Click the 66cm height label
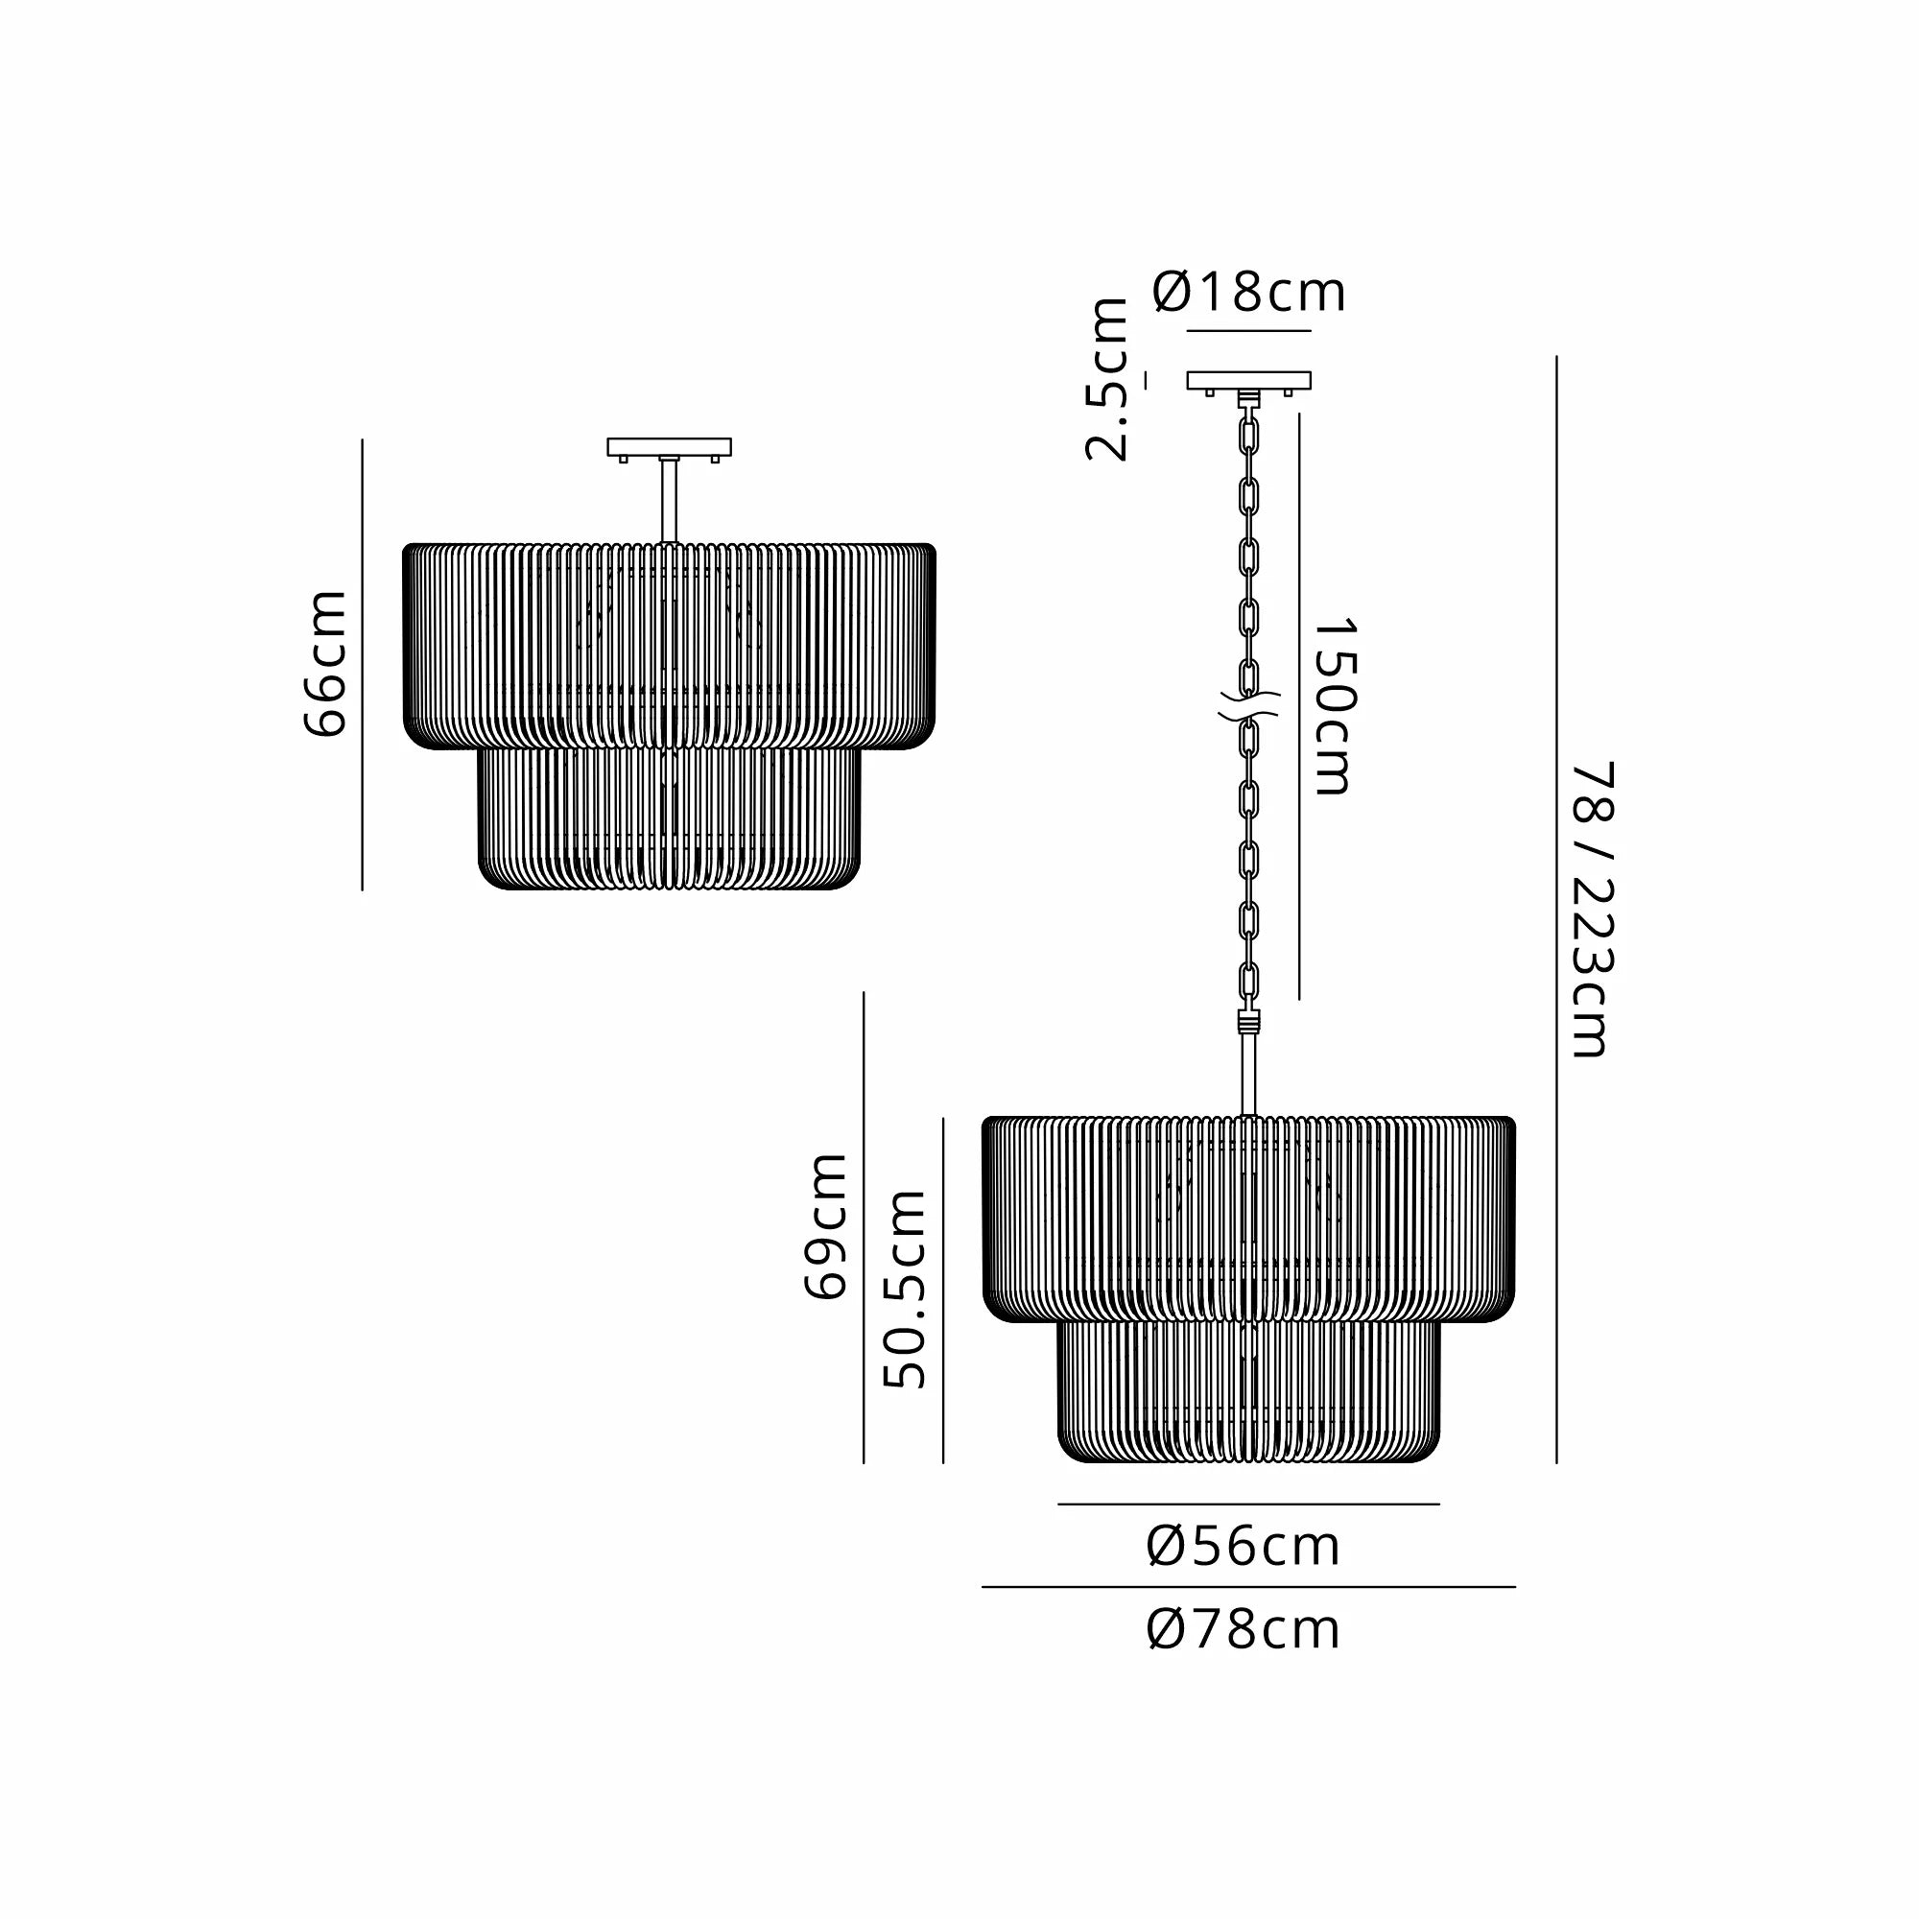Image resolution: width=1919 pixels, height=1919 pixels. pos(325,664)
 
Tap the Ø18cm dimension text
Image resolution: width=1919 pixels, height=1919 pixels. pos(1248,292)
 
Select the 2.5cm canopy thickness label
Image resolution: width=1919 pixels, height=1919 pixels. pos(1106,379)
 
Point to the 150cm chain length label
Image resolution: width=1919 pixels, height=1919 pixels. pos(1334,706)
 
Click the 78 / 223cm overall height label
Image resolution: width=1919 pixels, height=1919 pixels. pos(1592,909)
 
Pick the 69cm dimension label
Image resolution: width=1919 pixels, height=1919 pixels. pos(825,1225)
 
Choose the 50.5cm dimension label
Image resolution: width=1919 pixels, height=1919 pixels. pos(905,1289)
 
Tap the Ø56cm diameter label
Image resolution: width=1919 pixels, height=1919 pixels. pos(1244,1547)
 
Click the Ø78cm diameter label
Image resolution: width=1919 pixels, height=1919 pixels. pos(1244,1630)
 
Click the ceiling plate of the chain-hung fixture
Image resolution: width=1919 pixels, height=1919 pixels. pos(1248,380)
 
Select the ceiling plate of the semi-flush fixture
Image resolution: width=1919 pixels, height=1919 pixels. pos(670,447)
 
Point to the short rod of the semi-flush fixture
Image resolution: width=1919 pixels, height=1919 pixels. pos(670,502)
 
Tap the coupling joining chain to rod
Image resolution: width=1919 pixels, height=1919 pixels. pos(1248,1022)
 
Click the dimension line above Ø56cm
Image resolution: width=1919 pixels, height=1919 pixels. pos(1248,1504)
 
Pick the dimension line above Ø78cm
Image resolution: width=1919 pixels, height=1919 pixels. pos(1248,1587)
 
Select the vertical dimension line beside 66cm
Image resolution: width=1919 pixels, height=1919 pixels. pos(363,664)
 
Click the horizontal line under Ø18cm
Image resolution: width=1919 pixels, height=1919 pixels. pos(1248,330)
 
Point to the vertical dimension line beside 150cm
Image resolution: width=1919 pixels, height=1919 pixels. pos(1299,706)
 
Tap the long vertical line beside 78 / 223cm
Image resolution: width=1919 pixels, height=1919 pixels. pos(1556,909)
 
